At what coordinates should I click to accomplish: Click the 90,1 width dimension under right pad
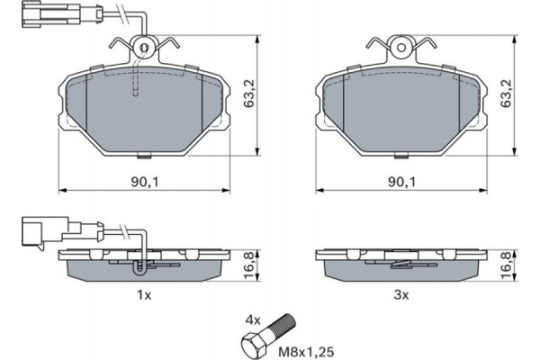pyautogui.click(x=401, y=182)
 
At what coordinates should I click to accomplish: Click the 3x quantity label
pyautogui.click(x=401, y=294)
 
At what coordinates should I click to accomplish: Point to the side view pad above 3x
pyautogui.click(x=401, y=263)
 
